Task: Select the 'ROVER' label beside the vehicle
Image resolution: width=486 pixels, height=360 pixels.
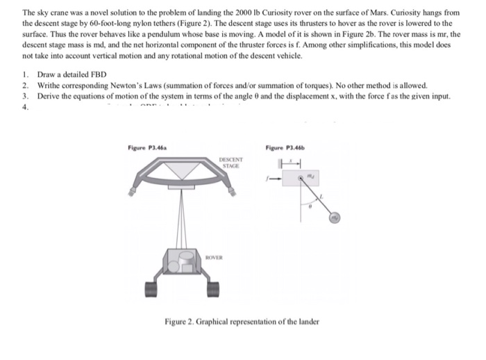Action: (x=224, y=256)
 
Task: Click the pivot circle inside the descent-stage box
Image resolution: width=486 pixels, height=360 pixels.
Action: (x=300, y=179)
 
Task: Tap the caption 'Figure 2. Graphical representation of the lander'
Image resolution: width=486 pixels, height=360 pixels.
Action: (x=241, y=321)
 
